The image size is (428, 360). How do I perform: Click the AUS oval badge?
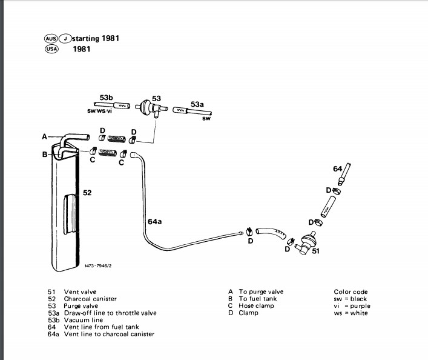click(x=51, y=39)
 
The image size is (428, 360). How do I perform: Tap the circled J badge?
click(x=64, y=39)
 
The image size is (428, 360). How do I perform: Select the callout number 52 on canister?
click(x=87, y=193)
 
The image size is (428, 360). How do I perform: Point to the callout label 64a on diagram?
click(x=154, y=222)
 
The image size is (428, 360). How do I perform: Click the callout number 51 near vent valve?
click(x=315, y=251)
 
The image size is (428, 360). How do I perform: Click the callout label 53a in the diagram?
click(x=197, y=104)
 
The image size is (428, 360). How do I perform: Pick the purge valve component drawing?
click(x=145, y=107)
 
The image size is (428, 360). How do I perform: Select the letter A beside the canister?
click(x=44, y=137)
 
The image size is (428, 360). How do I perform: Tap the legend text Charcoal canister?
click(x=90, y=299)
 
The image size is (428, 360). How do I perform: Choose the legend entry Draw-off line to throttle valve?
click(x=110, y=313)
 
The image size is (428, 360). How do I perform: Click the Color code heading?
click(x=351, y=292)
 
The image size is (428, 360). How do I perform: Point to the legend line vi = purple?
click(x=352, y=306)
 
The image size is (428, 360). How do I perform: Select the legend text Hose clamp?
click(x=256, y=306)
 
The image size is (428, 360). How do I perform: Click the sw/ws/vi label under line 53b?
click(x=99, y=111)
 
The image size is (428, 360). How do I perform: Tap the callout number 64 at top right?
click(x=338, y=168)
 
